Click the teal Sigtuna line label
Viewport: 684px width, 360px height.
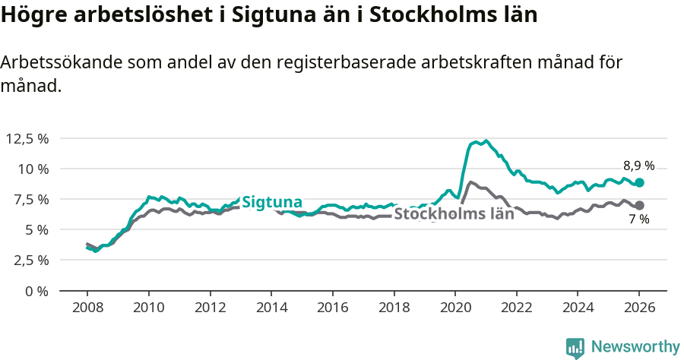272,202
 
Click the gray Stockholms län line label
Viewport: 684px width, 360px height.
454,213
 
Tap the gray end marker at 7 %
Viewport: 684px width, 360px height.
640,205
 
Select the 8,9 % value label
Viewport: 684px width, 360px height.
638,166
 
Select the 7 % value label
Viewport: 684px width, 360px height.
638,219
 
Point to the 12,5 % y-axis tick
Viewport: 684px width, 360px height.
27,138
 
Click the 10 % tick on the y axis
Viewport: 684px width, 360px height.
32,169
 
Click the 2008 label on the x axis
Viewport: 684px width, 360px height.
87,308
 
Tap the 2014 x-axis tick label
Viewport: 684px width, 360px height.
271,308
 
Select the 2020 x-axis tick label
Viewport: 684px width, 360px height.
455,308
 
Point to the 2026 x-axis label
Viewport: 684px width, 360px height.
639,308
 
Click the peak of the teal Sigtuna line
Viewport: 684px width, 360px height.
486,141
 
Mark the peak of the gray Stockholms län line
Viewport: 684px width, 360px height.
470,182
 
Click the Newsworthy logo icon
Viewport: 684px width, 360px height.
575,348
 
